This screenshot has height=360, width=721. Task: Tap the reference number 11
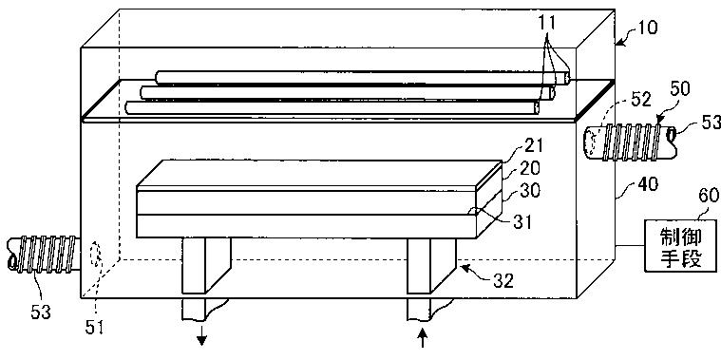[x=549, y=23]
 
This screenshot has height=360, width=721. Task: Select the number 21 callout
[x=534, y=146]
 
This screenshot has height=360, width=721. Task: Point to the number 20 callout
[x=534, y=169]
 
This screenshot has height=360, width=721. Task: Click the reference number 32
[x=503, y=280]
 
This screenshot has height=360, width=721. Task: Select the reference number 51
[x=96, y=328]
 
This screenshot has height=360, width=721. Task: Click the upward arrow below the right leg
[x=423, y=339]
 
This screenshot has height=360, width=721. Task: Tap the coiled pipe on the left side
[x=44, y=254]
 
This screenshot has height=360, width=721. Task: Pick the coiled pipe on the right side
[x=631, y=143]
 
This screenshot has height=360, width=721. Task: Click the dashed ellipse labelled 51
[x=97, y=254]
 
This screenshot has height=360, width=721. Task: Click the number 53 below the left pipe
[x=40, y=313]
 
